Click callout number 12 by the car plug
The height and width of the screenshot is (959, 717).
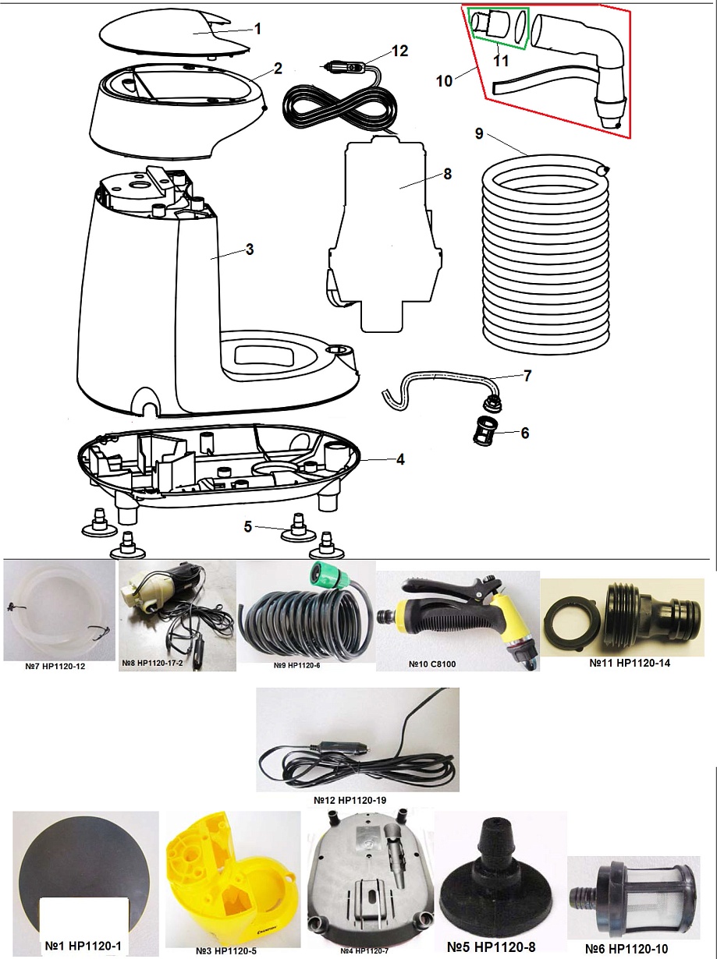(x=399, y=51)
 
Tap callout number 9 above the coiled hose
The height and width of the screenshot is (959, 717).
(x=479, y=133)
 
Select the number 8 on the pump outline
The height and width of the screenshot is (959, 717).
(x=447, y=174)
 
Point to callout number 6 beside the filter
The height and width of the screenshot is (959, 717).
(x=524, y=433)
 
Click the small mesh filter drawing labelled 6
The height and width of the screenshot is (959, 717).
(x=485, y=433)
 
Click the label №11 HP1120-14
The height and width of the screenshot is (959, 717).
(x=630, y=663)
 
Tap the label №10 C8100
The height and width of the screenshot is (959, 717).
(x=432, y=664)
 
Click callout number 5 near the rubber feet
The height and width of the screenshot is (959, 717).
(x=248, y=527)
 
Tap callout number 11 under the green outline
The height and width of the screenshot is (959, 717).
(x=501, y=60)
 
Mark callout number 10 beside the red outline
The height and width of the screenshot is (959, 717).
(x=444, y=81)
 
